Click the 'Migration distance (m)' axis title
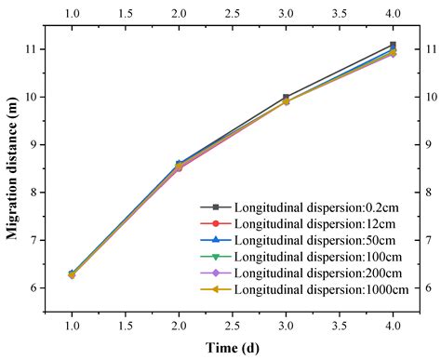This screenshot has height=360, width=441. [13, 169]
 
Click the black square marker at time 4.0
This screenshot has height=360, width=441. [393, 45]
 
